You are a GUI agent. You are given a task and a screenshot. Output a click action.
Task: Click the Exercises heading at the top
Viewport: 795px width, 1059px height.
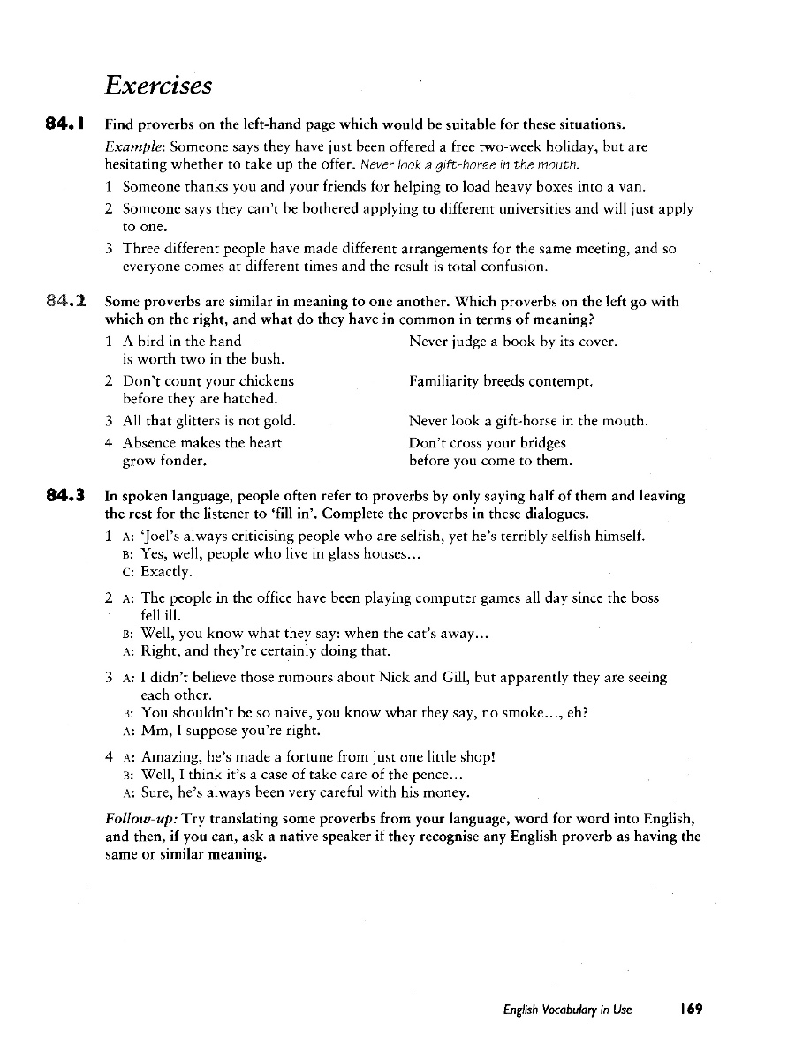(x=158, y=86)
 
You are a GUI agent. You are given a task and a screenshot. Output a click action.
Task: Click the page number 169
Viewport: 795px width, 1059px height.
(x=690, y=1010)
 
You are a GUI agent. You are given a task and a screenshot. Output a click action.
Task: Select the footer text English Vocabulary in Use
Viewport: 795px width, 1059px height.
(x=562, y=1010)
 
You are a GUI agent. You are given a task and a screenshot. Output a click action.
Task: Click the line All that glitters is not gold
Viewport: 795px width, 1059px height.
(x=208, y=422)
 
